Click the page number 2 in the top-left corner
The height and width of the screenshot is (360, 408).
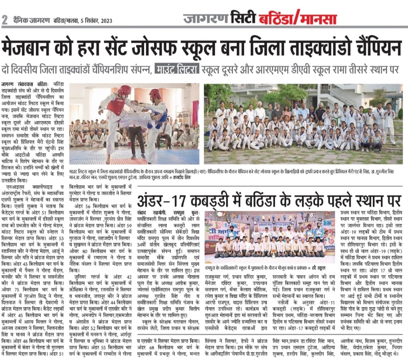point(5,19)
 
